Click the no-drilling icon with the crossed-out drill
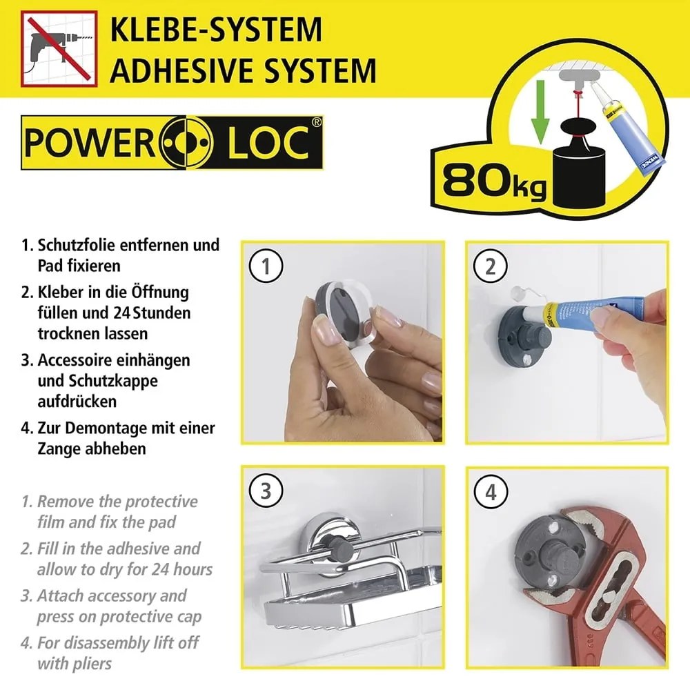pyautogui.click(x=54, y=48)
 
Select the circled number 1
pyautogui.click(x=266, y=266)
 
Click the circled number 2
pyautogui.click(x=491, y=266)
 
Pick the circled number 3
pyautogui.click(x=266, y=491)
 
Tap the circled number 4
pyautogui.click(x=491, y=492)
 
